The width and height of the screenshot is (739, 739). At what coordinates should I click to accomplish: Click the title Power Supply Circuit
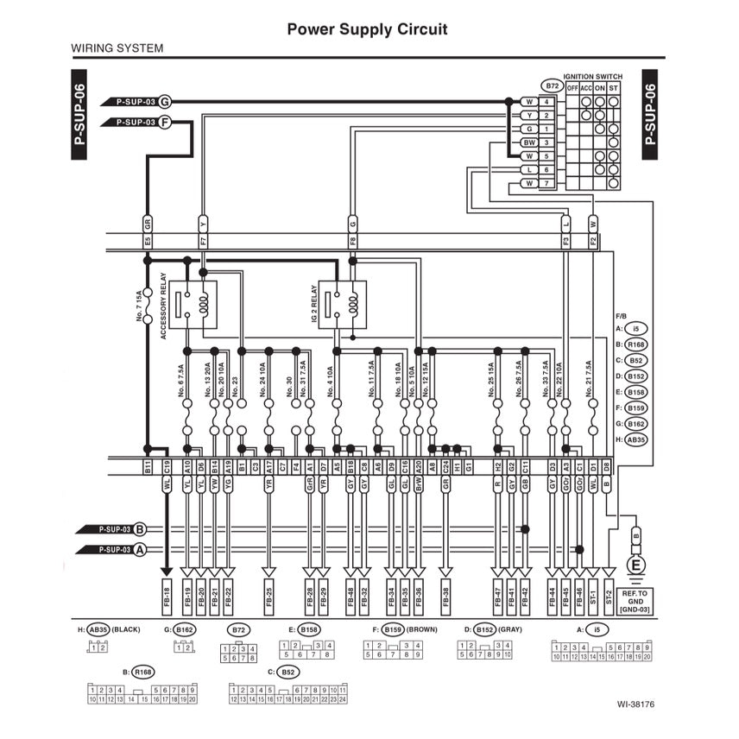(x=367, y=29)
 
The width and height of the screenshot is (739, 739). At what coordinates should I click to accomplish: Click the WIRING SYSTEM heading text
(x=117, y=48)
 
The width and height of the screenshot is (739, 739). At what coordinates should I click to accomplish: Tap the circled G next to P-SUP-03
(x=165, y=101)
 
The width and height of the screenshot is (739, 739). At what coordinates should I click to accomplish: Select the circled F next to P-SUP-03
(x=165, y=123)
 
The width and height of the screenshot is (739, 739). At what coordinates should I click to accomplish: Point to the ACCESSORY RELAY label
(x=162, y=306)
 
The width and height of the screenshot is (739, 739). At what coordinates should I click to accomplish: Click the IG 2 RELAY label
(x=313, y=306)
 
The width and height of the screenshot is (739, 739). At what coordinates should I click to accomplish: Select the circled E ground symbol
(x=637, y=565)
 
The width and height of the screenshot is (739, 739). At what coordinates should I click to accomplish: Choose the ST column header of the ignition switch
(x=613, y=88)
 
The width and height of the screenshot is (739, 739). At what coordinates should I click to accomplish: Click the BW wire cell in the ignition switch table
(x=527, y=142)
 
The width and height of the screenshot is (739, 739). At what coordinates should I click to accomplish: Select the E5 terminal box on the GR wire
(x=148, y=242)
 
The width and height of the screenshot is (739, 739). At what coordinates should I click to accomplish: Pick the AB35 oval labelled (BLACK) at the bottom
(x=99, y=629)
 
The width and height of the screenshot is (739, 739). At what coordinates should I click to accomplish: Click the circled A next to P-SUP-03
(x=140, y=549)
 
